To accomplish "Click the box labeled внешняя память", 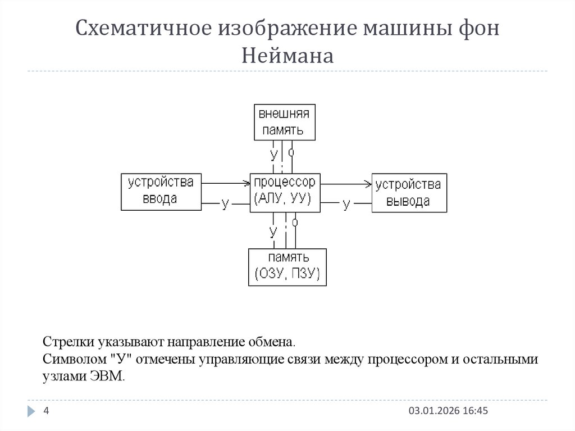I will pyautogui.click(x=284, y=122).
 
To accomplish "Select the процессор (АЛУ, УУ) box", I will pyautogui.click(x=285, y=192).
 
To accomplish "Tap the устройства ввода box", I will pyautogui.click(x=161, y=192).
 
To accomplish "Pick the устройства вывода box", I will pyautogui.click(x=409, y=192).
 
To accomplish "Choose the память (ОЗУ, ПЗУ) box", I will pyautogui.click(x=287, y=266).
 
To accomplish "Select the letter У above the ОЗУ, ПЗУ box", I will pyautogui.click(x=273, y=232).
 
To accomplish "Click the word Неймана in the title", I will pyautogui.click(x=287, y=56).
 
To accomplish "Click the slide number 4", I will pyautogui.click(x=47, y=411).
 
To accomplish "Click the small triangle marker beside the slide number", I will pyautogui.click(x=31, y=412).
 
